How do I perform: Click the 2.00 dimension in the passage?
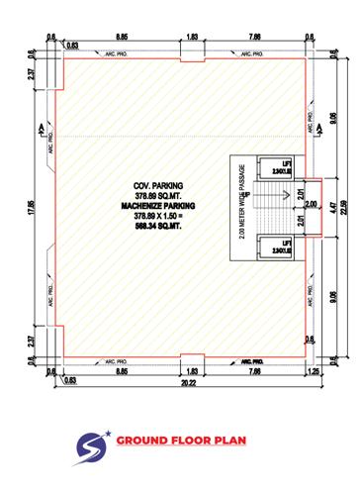coord(310,206)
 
